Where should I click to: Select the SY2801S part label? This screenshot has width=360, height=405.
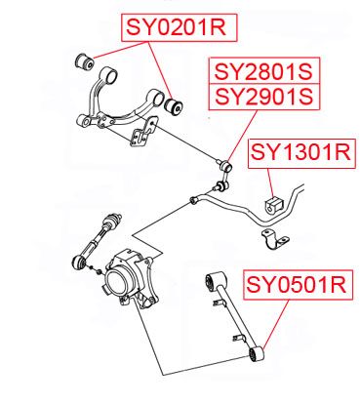(x=264, y=71)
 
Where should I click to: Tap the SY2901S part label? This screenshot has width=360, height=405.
(x=264, y=97)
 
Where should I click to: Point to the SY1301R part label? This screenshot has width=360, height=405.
(x=301, y=153)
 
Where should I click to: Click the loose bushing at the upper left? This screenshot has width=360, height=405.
(x=84, y=61)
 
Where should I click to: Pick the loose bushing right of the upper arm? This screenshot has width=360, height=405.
(x=174, y=105)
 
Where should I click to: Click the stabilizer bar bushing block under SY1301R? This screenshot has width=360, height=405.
(x=274, y=205)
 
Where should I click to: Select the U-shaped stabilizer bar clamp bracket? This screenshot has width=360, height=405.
(x=275, y=239)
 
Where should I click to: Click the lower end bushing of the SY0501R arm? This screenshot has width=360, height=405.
(x=257, y=354)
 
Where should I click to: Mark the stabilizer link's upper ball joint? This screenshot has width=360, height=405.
(x=226, y=167)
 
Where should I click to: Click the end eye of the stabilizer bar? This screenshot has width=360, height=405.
(x=194, y=199)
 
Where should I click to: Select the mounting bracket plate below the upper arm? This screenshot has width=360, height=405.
(x=143, y=133)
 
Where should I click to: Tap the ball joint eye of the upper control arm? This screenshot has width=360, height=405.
(x=84, y=121)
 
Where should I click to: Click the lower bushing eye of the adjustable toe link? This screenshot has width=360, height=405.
(x=79, y=263)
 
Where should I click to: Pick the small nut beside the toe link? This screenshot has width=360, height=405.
(x=99, y=272)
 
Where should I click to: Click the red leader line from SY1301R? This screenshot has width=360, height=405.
(x=271, y=182)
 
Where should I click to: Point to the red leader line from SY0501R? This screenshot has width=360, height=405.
(x=276, y=324)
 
